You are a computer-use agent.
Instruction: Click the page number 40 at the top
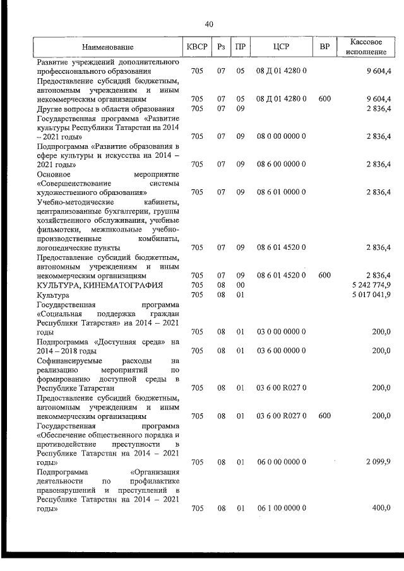pos(209,24)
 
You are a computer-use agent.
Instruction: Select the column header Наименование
pos(107,47)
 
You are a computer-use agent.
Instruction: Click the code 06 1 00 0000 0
pos(282,508)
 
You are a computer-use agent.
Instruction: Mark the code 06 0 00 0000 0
pos(282,462)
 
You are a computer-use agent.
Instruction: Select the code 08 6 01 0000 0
pos(282,191)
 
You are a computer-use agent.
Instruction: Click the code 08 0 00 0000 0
pos(282,136)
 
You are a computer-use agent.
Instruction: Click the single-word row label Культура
pos(53,295)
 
